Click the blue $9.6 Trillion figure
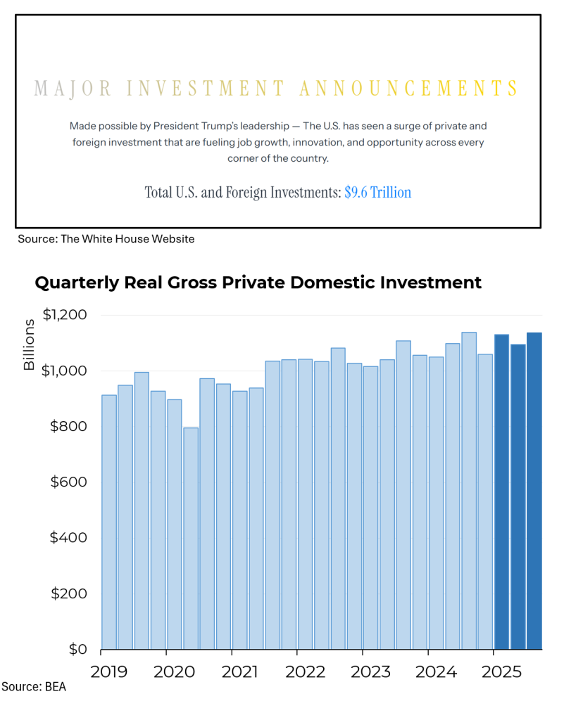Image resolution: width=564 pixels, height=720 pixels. (x=377, y=192)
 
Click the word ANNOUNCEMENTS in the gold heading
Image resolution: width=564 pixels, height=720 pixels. (x=409, y=89)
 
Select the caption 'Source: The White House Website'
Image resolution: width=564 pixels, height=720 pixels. (x=106, y=239)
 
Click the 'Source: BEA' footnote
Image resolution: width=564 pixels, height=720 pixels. (x=34, y=686)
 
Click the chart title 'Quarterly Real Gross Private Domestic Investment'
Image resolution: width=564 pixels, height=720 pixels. (x=258, y=283)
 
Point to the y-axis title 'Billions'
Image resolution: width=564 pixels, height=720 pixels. (x=30, y=345)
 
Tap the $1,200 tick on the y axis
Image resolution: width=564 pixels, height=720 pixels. (x=65, y=315)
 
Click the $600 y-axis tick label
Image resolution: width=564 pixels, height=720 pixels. (x=70, y=482)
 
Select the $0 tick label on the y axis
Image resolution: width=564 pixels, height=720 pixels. (x=78, y=649)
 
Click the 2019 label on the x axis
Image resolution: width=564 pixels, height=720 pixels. (x=109, y=671)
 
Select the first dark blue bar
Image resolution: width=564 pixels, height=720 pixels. (x=501, y=491)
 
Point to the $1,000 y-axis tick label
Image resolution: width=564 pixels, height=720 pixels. (x=65, y=371)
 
